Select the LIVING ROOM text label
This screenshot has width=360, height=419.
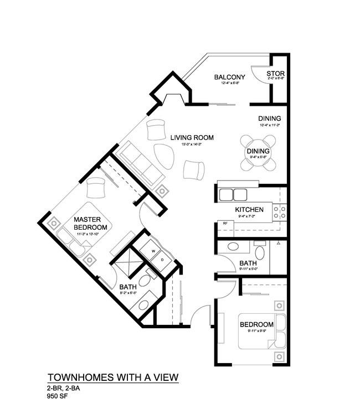192,137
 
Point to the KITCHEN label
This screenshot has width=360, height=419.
249,210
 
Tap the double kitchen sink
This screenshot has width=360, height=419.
233,194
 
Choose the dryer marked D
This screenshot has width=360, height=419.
162,259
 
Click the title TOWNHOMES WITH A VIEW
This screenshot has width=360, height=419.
112,377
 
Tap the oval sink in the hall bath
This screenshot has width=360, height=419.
234,247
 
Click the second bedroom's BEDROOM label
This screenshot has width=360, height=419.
256,324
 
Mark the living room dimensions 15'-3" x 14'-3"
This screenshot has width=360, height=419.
192,144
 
